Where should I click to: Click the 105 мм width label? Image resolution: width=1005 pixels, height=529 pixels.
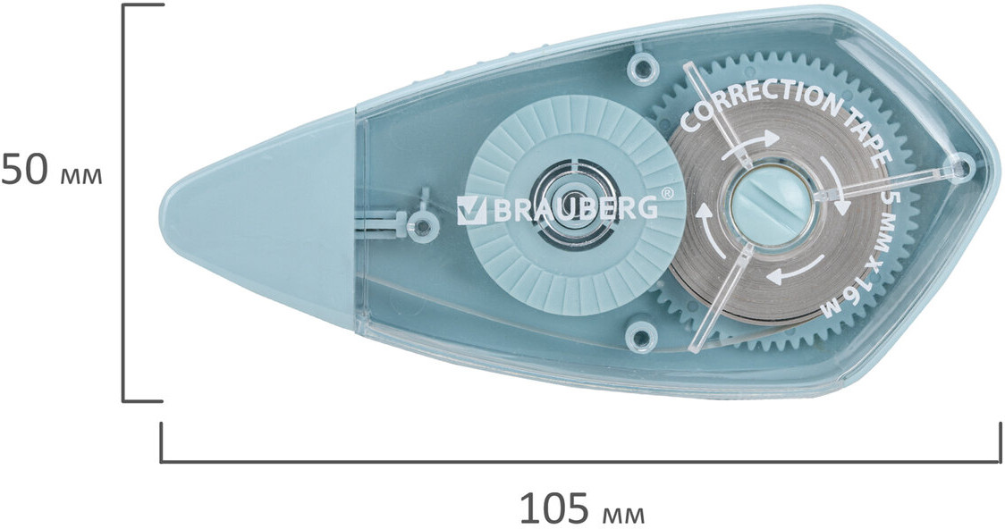(x=581, y=508)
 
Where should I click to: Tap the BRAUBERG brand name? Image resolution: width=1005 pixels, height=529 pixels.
(x=574, y=209)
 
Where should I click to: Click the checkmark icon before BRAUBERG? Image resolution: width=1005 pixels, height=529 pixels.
(x=471, y=210)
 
